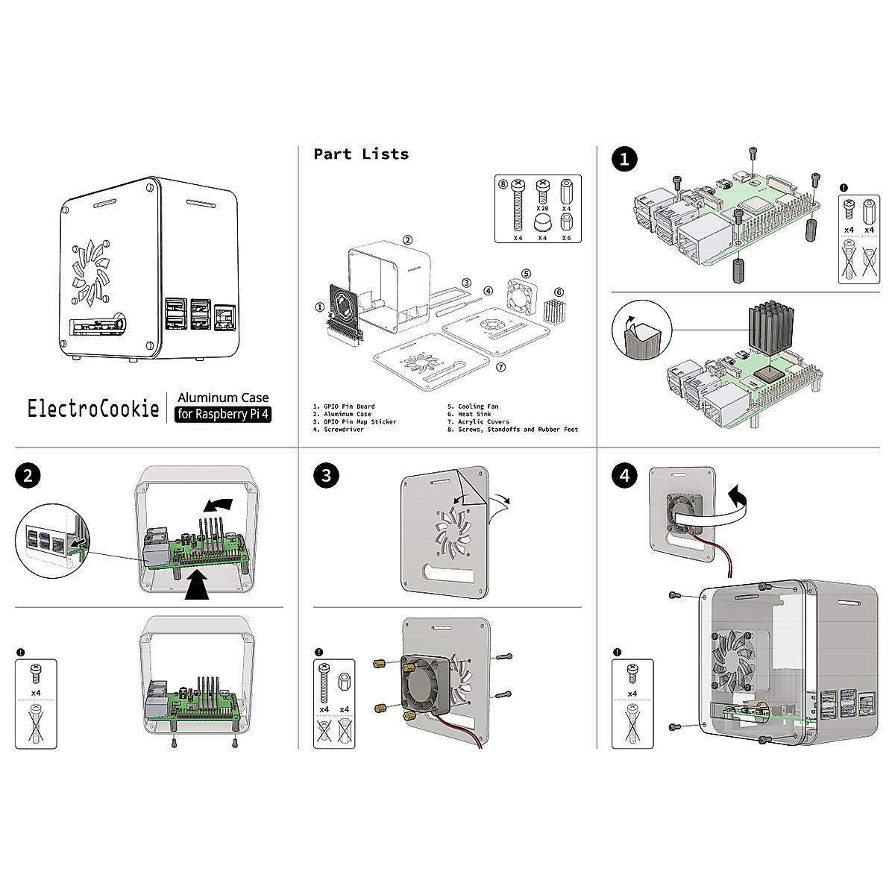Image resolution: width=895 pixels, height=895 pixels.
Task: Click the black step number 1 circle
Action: (x=624, y=159)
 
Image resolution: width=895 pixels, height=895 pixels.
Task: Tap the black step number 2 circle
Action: (x=28, y=476)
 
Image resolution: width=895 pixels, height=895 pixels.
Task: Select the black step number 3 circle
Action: (x=325, y=476)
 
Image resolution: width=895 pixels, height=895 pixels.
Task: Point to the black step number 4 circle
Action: (x=624, y=476)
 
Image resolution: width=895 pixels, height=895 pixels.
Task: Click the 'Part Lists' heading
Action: (x=361, y=154)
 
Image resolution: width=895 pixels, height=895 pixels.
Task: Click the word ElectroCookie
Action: (x=93, y=409)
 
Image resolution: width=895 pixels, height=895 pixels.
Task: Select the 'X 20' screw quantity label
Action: (x=542, y=210)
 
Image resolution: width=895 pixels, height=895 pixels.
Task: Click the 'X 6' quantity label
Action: (x=566, y=238)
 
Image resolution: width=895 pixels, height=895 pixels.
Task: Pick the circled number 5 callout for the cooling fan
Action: (x=526, y=274)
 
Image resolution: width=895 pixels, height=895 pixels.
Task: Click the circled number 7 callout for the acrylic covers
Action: (x=500, y=367)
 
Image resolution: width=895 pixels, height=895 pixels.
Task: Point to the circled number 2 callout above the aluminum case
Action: (x=408, y=240)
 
